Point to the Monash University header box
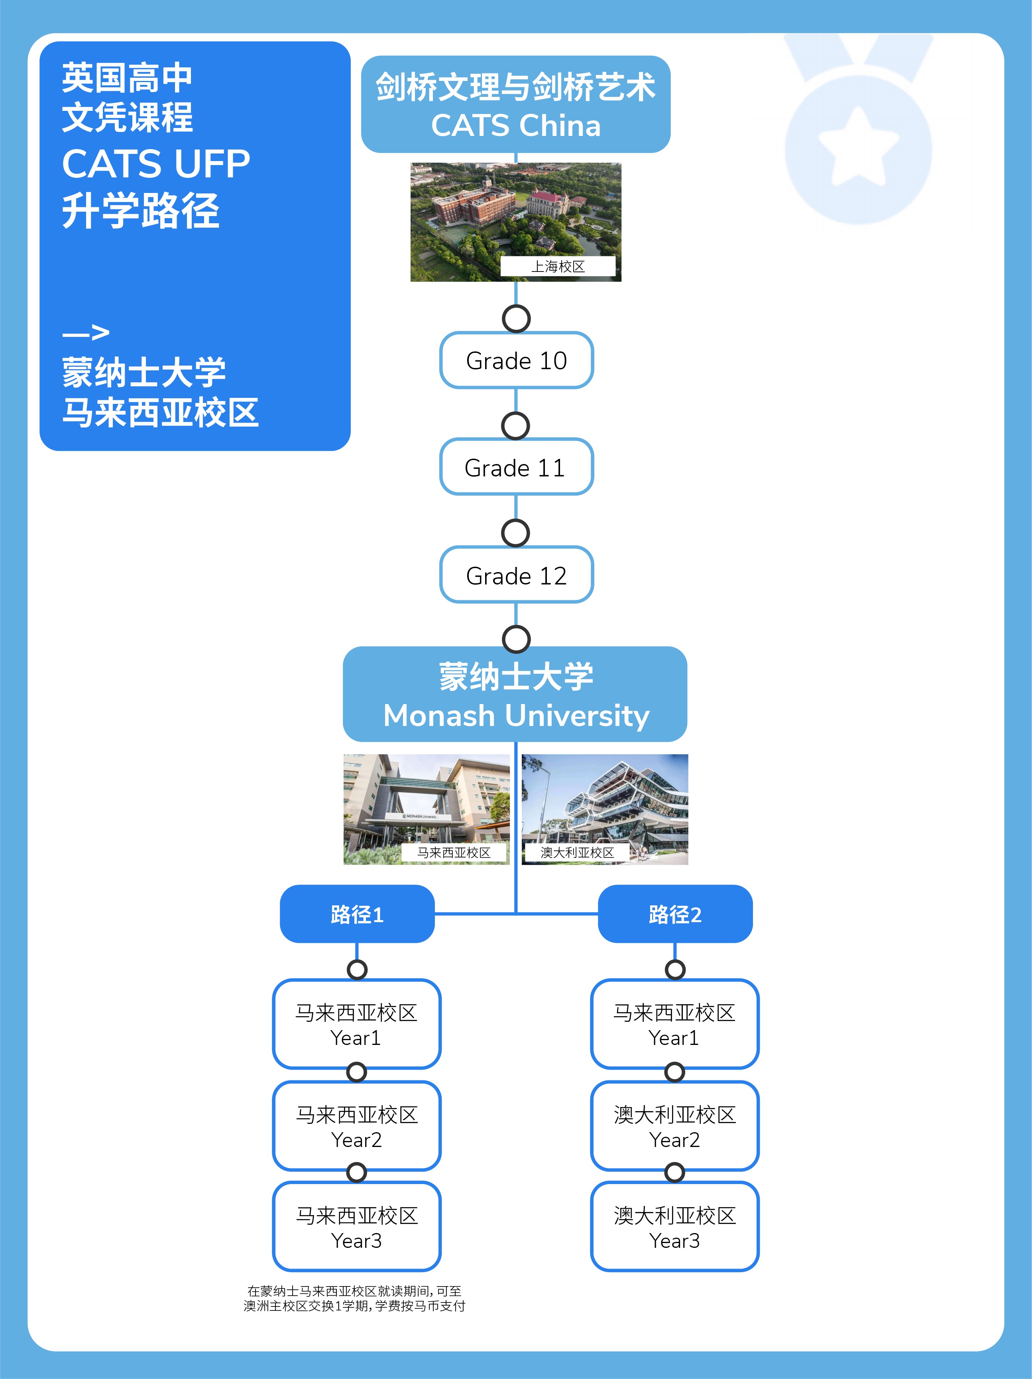coord(515,694)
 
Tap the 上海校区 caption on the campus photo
coord(558,266)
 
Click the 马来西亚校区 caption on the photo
coord(454,852)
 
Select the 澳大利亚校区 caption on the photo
coord(577,852)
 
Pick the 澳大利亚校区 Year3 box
coord(675,1227)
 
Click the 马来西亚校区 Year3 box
coord(357,1227)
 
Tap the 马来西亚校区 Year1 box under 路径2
coord(675,1024)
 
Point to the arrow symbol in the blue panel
coord(86,333)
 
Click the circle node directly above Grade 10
coord(517,319)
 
